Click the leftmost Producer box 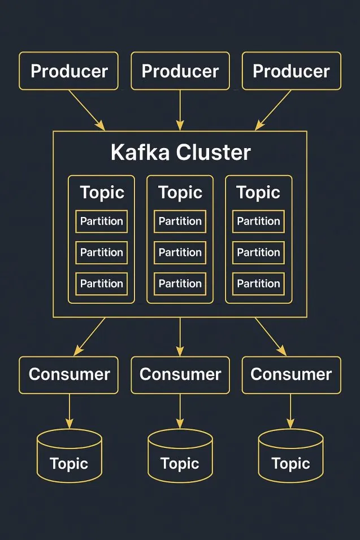69,71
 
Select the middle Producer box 180,71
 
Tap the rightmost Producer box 292,71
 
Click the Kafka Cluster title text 180,153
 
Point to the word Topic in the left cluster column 102,193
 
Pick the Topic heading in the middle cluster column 180,193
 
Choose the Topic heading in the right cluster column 258,193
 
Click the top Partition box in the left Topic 102,221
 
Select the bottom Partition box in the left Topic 102,284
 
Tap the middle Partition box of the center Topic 180,252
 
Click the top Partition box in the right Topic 258,221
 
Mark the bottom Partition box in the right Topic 258,284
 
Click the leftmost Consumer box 69,374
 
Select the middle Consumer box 180,374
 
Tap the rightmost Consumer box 292,374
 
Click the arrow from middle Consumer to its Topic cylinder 180,411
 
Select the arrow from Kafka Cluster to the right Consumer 270,336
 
